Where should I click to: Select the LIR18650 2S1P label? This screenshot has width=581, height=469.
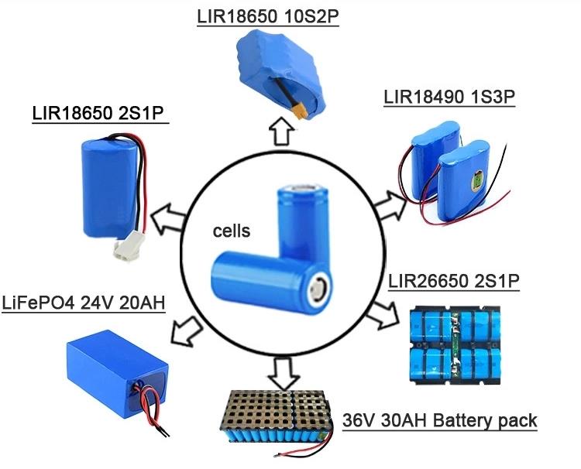(x=101, y=114)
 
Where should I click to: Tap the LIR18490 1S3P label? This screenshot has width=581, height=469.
(x=449, y=98)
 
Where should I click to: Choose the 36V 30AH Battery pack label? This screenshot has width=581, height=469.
(x=439, y=422)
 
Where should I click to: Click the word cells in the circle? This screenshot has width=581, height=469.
(x=232, y=230)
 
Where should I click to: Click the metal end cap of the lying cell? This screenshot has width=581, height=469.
(x=318, y=289)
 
